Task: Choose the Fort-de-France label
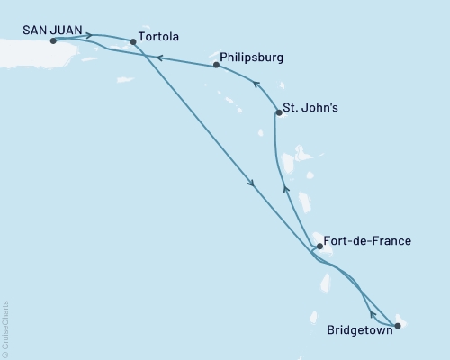369,241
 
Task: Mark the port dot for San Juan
54,41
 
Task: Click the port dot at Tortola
133,41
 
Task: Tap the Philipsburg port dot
217,66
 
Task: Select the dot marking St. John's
277,113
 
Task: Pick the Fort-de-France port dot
319,246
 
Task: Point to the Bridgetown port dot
399,325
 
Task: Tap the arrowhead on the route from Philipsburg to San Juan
158,58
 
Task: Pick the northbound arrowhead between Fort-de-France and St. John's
285,189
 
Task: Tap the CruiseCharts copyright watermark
5,328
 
